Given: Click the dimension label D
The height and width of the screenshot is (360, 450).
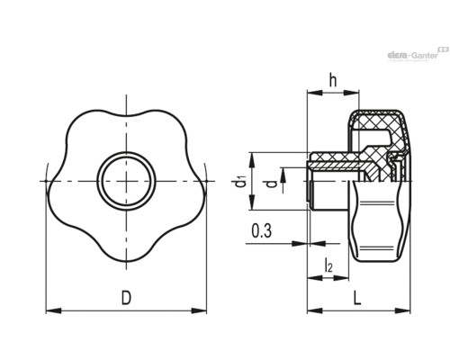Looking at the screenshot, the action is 126,298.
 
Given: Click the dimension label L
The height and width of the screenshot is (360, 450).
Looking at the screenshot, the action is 356,298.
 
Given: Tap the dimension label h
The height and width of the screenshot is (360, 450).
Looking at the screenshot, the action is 333,80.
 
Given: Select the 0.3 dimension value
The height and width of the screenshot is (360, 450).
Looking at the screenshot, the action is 262,230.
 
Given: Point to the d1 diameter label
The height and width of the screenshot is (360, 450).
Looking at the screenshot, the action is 240,182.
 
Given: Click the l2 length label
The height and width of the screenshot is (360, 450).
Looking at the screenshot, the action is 328,265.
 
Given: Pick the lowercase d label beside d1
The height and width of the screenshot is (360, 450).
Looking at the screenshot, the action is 272,184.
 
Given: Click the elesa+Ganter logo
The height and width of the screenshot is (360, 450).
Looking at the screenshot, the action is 418,54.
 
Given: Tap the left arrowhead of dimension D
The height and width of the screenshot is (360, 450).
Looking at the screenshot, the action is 53,310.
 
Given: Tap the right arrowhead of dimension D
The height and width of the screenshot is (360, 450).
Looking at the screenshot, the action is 199,310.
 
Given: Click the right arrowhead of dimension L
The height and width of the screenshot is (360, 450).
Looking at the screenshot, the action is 402,310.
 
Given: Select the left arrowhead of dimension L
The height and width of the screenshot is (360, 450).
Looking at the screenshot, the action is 315,310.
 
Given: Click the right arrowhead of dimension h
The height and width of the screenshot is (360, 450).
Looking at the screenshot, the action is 351,93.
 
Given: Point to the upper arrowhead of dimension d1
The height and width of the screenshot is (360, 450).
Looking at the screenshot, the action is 252,160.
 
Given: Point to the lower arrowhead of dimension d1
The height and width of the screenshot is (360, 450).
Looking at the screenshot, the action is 252,202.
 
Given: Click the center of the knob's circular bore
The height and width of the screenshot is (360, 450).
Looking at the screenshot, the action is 126,181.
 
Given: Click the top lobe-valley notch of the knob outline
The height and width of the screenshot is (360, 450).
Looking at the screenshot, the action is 126,116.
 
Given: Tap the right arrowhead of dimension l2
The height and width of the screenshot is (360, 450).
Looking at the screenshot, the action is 341,278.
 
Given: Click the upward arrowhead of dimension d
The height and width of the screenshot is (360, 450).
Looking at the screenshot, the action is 283,175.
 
